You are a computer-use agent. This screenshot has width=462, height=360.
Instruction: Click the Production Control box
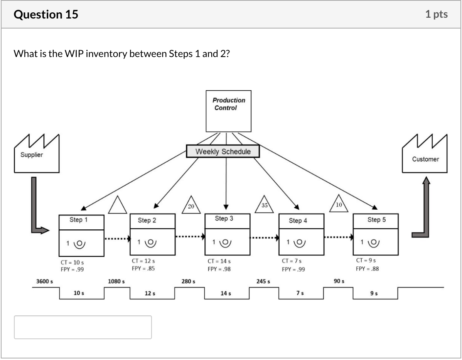click(x=228, y=111)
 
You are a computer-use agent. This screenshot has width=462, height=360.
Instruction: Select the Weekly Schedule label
click(x=223, y=151)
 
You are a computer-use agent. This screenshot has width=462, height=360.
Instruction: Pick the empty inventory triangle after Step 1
click(x=118, y=205)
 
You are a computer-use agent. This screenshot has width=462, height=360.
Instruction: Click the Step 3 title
click(x=224, y=219)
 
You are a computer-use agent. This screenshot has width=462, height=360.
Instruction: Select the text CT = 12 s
click(x=143, y=261)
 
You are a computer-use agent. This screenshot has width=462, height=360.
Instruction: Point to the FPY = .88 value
click(x=367, y=269)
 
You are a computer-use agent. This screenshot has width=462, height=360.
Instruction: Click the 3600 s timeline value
click(x=45, y=281)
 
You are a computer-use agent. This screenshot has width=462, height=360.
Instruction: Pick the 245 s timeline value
click(x=263, y=281)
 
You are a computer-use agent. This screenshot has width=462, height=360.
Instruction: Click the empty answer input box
click(x=83, y=327)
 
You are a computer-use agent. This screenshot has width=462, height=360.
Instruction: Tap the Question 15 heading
click(x=46, y=15)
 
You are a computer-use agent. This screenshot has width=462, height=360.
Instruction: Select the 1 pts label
click(x=437, y=15)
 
